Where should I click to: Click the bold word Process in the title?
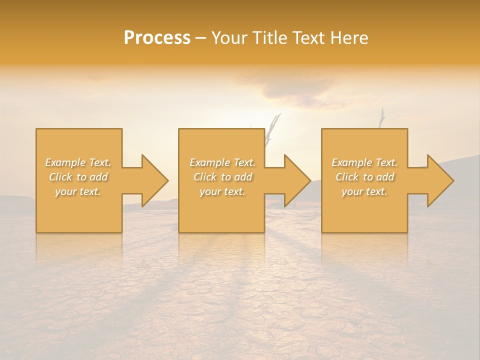[x=157, y=38]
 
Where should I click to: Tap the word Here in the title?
[x=349, y=38]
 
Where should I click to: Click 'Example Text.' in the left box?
[x=78, y=162]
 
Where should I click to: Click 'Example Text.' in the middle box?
[x=222, y=162]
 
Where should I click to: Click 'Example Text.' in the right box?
[x=364, y=162]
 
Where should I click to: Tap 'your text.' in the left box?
[x=78, y=191]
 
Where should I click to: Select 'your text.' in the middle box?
[x=222, y=191]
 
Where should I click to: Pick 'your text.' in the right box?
[x=364, y=191]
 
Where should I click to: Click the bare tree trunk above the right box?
[x=382, y=118]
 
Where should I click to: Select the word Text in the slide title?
[x=308, y=38]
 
